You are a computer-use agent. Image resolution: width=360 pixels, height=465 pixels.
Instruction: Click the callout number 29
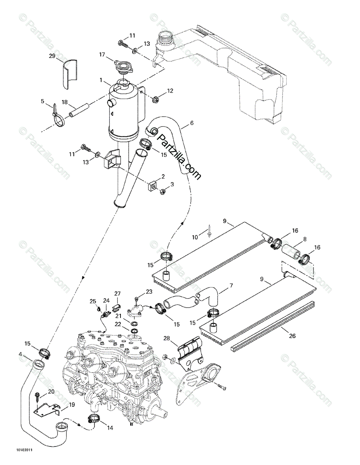52,57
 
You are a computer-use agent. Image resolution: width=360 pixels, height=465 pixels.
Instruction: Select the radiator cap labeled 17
123,66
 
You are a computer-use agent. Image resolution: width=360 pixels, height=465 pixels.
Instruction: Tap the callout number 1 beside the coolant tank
101,81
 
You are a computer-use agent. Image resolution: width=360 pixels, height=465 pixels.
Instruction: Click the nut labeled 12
153,98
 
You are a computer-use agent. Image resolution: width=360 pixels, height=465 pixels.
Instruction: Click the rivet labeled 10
208,232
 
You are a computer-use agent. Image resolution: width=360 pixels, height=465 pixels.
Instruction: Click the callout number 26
291,336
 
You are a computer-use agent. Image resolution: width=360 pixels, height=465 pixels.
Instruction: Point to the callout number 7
231,286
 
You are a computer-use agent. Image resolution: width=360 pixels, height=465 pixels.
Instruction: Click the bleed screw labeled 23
136,298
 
